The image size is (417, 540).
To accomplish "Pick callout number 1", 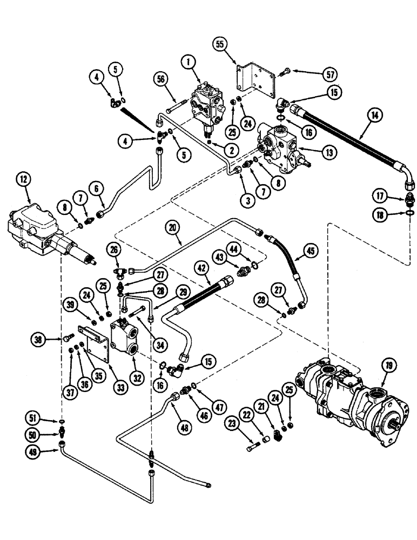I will (x=189, y=63).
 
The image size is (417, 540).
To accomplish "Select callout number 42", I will (x=201, y=267).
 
